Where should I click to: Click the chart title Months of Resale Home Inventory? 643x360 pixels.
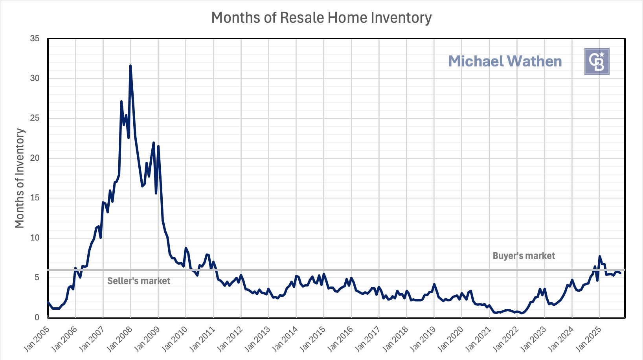(x=321, y=18)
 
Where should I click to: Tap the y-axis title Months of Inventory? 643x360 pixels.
(x=20, y=178)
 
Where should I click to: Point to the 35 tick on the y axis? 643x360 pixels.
(x=35, y=39)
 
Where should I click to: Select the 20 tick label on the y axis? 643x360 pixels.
(x=35, y=158)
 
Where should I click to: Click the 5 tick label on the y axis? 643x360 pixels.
(x=37, y=277)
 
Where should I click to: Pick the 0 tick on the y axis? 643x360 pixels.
(x=37, y=318)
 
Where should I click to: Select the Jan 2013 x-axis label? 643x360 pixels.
(x=257, y=339)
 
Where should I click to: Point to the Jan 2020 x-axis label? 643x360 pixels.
(x=450, y=339)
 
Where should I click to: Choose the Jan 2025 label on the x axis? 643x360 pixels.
(x=588, y=339)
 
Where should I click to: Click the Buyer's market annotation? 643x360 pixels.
(x=524, y=256)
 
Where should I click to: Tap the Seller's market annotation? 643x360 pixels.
(x=139, y=281)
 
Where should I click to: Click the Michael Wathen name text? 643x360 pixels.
(x=505, y=61)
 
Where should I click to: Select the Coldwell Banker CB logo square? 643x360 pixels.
(x=597, y=61)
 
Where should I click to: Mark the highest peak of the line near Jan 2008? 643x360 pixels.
(x=130, y=66)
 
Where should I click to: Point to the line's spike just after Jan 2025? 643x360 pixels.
(x=600, y=256)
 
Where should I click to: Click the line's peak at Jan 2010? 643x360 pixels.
(x=186, y=248)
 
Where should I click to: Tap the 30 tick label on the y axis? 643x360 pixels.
(x=35, y=78)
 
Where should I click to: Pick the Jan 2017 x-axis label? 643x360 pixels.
(x=368, y=339)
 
